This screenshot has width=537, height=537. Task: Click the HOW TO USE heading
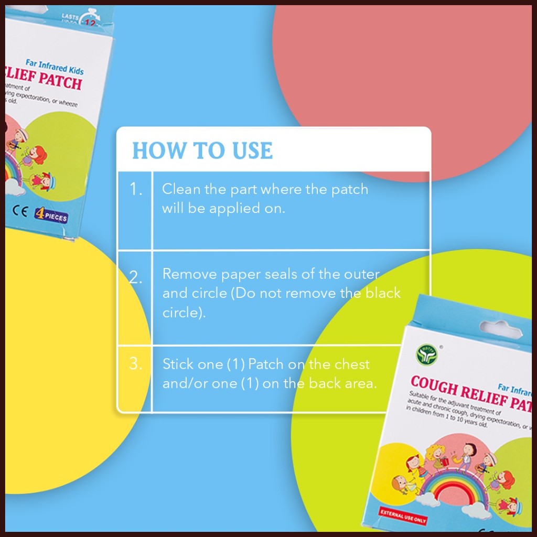202,151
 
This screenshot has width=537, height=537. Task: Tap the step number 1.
136,189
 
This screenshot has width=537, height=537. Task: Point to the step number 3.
136,364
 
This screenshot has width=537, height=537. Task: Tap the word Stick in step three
178,364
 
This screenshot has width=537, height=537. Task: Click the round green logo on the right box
426,355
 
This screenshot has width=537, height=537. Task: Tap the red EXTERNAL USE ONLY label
403,516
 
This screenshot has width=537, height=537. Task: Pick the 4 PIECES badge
51,214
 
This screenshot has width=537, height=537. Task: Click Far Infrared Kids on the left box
55,67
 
